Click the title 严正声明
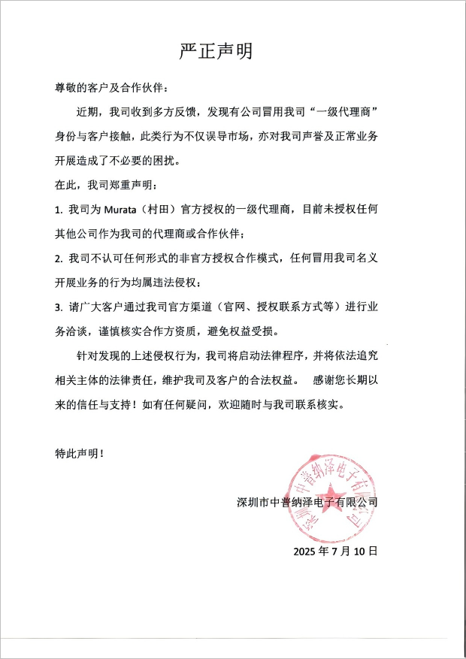coord(216,50)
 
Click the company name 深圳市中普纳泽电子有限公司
coord(306,501)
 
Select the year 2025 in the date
coord(307,550)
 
